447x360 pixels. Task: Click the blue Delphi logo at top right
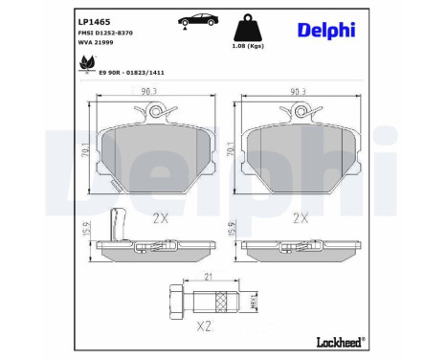(x=325, y=31)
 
